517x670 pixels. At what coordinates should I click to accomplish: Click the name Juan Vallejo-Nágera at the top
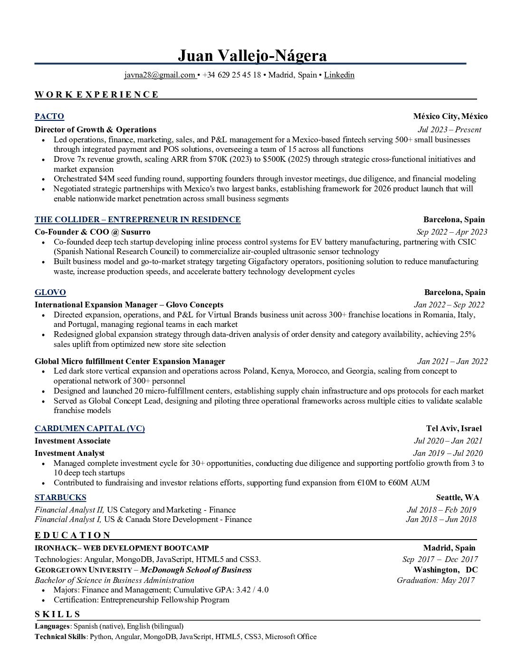[252, 56]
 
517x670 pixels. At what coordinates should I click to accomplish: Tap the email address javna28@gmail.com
[160, 75]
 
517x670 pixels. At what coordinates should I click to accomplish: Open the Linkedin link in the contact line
[339, 75]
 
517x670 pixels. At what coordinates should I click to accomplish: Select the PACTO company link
[49, 117]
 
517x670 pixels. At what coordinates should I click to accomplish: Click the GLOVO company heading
[50, 293]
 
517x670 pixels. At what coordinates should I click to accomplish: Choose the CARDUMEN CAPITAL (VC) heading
[89, 429]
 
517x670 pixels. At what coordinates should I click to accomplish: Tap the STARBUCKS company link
[60, 498]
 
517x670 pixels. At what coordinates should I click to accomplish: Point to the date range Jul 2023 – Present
[449, 130]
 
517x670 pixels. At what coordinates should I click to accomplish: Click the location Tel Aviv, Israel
[454, 429]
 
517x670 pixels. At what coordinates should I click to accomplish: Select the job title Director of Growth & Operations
[96, 130]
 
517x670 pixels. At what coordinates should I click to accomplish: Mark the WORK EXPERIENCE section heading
[96, 95]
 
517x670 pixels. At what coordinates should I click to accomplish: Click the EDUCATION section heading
[73, 535]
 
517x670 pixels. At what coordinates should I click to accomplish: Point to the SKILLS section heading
[57, 614]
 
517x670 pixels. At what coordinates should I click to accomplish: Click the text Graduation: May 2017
[435, 581]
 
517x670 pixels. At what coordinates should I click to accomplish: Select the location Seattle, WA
[458, 498]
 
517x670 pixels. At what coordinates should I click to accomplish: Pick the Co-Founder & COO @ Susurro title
[93, 232]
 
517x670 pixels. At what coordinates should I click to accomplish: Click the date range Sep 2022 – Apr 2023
[451, 232]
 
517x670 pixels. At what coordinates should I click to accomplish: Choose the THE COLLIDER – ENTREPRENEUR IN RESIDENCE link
[137, 220]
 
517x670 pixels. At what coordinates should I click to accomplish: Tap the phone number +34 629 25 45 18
[231, 75]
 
